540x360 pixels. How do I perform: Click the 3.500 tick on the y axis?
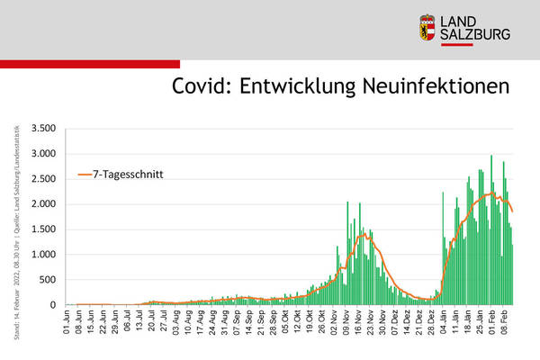[x=43, y=129]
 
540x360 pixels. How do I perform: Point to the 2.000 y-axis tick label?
[x=43, y=204]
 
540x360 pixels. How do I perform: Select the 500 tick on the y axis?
[x=49, y=280]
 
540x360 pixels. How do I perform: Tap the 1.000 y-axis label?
[x=43, y=255]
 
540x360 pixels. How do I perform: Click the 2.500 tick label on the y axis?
[x=43, y=179]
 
